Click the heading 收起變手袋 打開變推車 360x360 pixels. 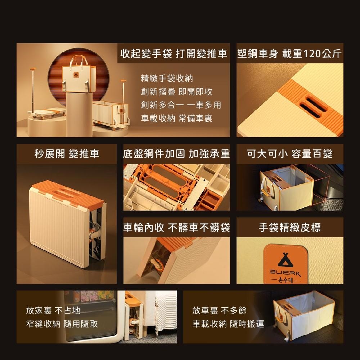pos(174,54)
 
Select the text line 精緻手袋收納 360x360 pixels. pos(167,78)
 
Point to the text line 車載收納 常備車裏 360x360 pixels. pos(176,118)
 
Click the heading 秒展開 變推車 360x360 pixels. pos(67,154)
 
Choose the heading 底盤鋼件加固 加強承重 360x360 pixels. pos(176,154)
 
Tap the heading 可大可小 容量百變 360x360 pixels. pos(290,154)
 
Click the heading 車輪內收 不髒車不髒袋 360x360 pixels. pos(176,227)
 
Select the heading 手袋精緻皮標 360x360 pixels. pos(290,227)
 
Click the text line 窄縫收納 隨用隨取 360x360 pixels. pos(62,324)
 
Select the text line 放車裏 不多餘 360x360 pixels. pos(219,310)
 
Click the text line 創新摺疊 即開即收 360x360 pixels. pos(176,92)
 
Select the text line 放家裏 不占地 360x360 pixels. pos(53,310)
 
